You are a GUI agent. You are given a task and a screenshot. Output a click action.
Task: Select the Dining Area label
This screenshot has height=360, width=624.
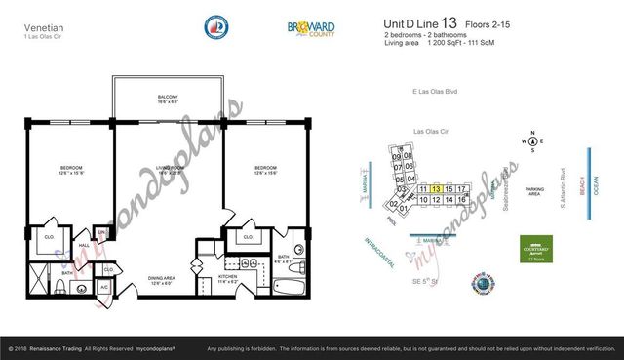(x=160, y=281)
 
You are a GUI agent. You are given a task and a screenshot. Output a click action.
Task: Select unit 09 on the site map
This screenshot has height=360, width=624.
(x=397, y=156)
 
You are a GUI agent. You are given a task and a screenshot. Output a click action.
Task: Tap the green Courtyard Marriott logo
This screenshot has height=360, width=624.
(x=534, y=248)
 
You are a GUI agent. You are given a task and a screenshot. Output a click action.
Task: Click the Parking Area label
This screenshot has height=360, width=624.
(x=533, y=191)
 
